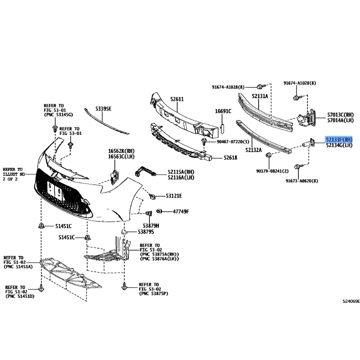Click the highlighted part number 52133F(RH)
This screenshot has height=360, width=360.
pos(339,140)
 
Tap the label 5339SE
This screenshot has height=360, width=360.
pos(103,109)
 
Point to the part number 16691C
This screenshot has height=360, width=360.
pos(223,111)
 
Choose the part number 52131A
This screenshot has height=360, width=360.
pos(260,96)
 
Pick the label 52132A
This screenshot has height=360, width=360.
pos(253,150)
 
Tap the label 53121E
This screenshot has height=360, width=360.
pos(174,196)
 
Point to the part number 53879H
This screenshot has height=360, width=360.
pos(152,225)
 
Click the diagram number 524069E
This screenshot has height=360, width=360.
pos(349,301)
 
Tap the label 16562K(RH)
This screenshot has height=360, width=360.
pos(121,151)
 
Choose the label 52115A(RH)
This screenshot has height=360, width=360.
pos(181,172)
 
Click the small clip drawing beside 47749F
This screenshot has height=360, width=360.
pos(159,211)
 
